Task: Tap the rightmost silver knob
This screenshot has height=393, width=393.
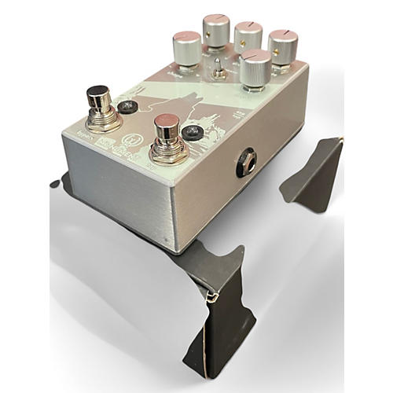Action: pyautogui.click(x=282, y=45)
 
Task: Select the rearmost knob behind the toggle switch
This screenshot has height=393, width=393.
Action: pyautogui.click(x=216, y=28)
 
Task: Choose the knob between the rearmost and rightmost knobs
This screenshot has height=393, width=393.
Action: pyautogui.click(x=248, y=35)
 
